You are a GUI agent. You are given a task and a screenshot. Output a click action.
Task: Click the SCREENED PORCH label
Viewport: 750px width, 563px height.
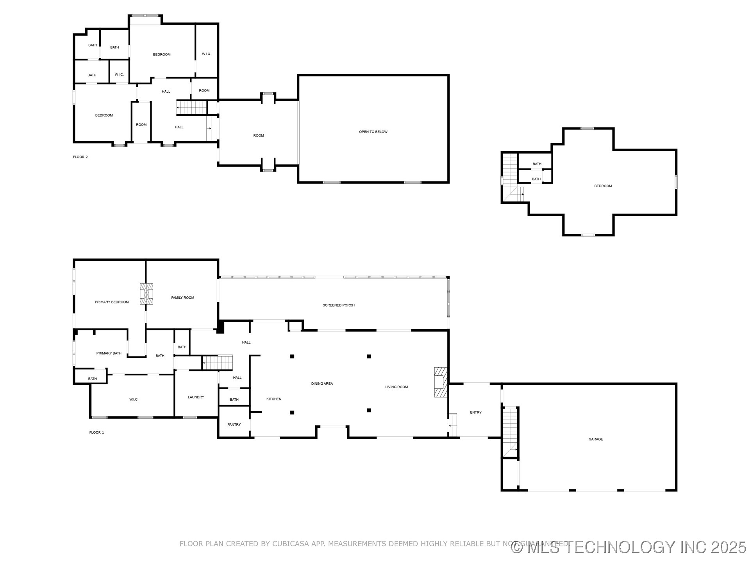pyautogui.click(x=338, y=305)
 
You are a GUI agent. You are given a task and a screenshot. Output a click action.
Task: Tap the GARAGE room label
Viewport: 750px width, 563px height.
pyautogui.click(x=595, y=439)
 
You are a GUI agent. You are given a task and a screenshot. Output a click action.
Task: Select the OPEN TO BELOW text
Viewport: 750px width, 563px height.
pyautogui.click(x=373, y=132)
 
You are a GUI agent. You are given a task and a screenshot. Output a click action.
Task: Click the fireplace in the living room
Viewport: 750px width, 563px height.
pyautogui.click(x=440, y=382)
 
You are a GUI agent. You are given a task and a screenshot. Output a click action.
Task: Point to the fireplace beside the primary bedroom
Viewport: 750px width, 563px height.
pyautogui.click(x=146, y=294)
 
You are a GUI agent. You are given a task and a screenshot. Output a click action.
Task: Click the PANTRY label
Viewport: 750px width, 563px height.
pyautogui.click(x=234, y=424)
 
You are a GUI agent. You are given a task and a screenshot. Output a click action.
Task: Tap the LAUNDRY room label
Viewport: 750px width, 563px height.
pyautogui.click(x=196, y=397)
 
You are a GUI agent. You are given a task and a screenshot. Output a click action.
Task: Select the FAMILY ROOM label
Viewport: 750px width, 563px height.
pyautogui.click(x=182, y=298)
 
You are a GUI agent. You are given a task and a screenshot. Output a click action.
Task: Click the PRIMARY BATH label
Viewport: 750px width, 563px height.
pyautogui.click(x=109, y=353)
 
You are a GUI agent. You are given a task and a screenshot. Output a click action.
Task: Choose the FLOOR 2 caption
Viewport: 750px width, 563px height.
pyautogui.click(x=80, y=157)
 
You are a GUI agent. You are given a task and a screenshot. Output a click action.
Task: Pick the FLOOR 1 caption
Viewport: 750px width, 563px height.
pyautogui.click(x=96, y=432)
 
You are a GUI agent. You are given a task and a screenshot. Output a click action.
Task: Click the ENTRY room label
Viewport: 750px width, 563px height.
pyautogui.click(x=475, y=412)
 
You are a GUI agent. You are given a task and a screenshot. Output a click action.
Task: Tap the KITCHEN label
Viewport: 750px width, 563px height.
pyautogui.click(x=273, y=399)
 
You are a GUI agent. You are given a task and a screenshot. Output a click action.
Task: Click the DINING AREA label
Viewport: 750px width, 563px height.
pyautogui.click(x=322, y=384)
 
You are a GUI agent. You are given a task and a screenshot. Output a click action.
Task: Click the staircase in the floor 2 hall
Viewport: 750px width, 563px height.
pyautogui.click(x=191, y=107)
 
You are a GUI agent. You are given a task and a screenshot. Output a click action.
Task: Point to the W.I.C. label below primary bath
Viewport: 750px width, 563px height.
pyautogui.click(x=134, y=399)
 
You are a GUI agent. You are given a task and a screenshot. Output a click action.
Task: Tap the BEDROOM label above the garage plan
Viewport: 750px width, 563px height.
pyautogui.click(x=603, y=186)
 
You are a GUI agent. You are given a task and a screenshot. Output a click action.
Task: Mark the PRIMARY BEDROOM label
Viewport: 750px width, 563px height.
pyautogui.click(x=111, y=302)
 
